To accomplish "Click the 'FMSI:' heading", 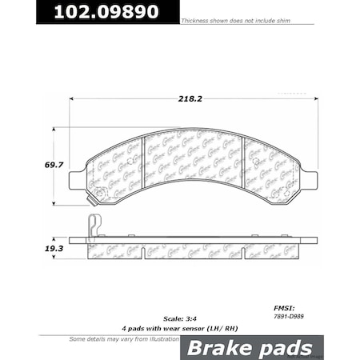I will pyautogui.click(x=283, y=306).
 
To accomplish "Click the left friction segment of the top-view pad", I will pyautogui.click(x=115, y=170).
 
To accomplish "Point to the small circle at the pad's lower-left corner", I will pyautogui.click(x=98, y=191).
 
